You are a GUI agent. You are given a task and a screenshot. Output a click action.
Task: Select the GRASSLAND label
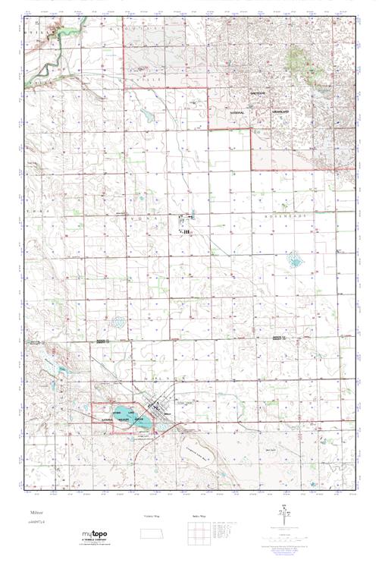coord(282,111)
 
